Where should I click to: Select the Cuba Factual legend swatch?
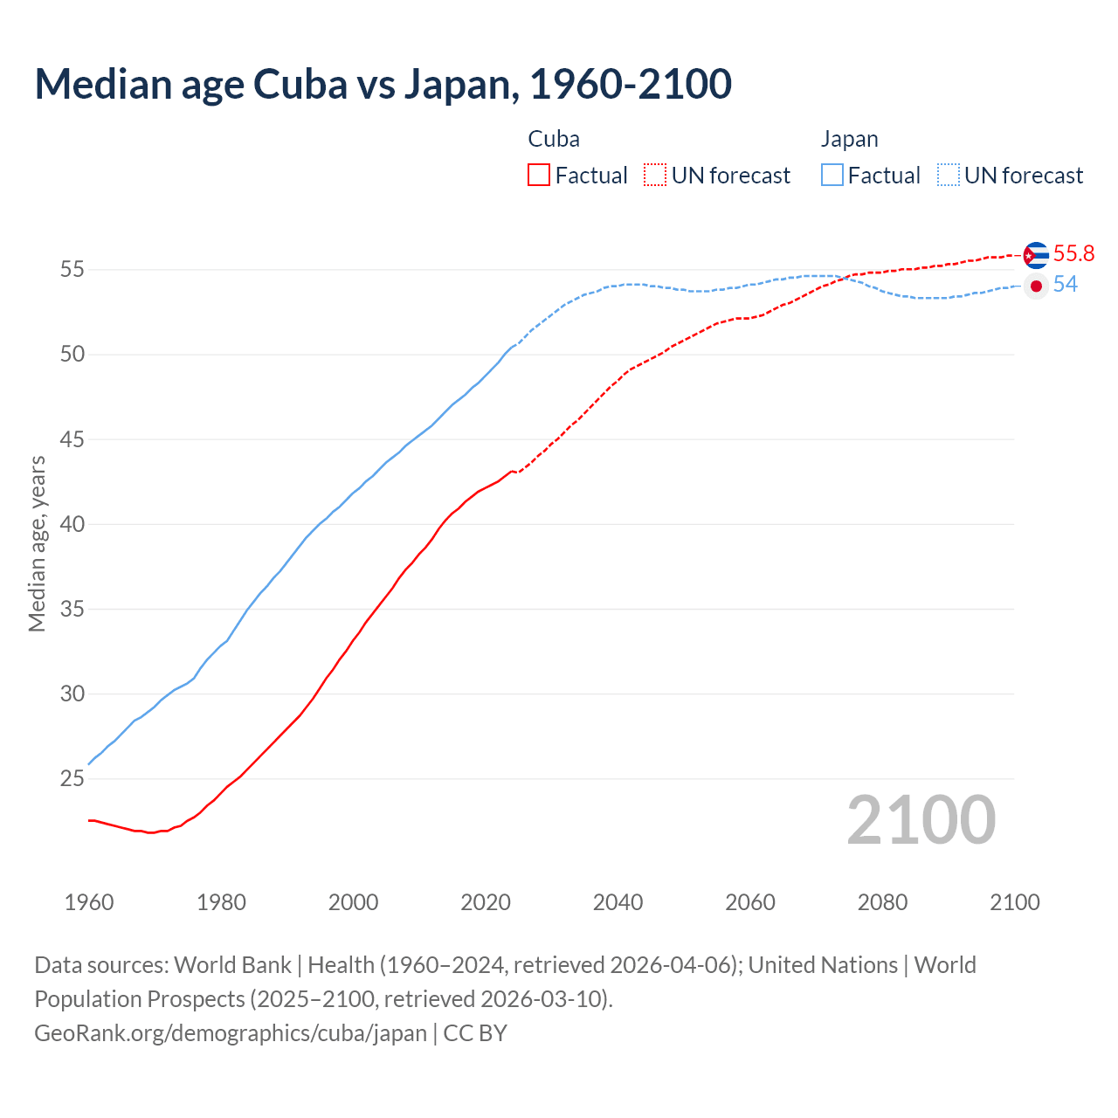[539, 175]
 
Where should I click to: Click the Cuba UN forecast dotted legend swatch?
[655, 175]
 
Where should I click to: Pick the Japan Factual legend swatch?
[832, 175]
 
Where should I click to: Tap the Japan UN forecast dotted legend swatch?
[949, 175]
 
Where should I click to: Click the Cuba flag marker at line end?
[1036, 255]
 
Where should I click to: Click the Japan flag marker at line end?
[1036, 286]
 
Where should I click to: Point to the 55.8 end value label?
[1073, 253]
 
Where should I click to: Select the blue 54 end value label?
[1066, 285]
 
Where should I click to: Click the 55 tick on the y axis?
[72, 269]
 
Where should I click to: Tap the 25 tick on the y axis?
[72, 778]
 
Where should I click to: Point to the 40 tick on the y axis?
[72, 524]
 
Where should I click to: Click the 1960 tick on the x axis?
[89, 902]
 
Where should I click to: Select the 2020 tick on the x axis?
[486, 902]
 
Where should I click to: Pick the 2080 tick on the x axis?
[882, 902]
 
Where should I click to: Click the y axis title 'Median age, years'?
[37, 543]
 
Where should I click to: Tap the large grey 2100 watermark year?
[921, 819]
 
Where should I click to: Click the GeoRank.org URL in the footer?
[231, 1033]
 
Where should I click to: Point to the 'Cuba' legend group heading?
[554, 139]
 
